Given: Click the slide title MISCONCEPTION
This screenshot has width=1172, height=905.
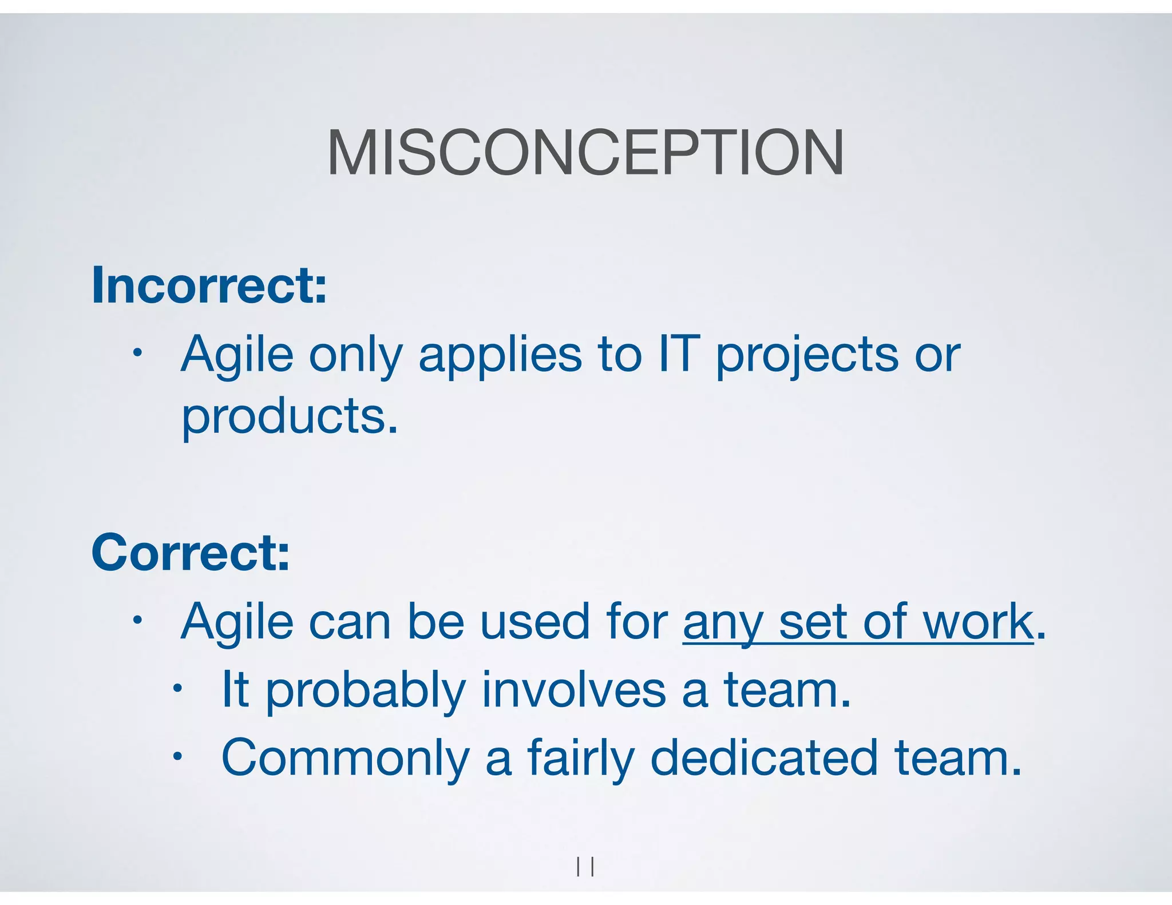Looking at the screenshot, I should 585,153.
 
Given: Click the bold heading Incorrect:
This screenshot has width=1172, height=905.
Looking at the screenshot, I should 209,285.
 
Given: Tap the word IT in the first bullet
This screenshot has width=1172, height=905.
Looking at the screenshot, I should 679,354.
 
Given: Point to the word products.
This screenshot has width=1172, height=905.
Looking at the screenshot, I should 289,416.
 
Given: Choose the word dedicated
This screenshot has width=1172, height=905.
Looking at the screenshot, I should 764,757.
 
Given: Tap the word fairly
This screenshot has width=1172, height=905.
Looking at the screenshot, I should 580,760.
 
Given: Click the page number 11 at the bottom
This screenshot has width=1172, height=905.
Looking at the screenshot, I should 585,867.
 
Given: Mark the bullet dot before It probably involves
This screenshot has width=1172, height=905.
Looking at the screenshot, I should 178,688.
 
